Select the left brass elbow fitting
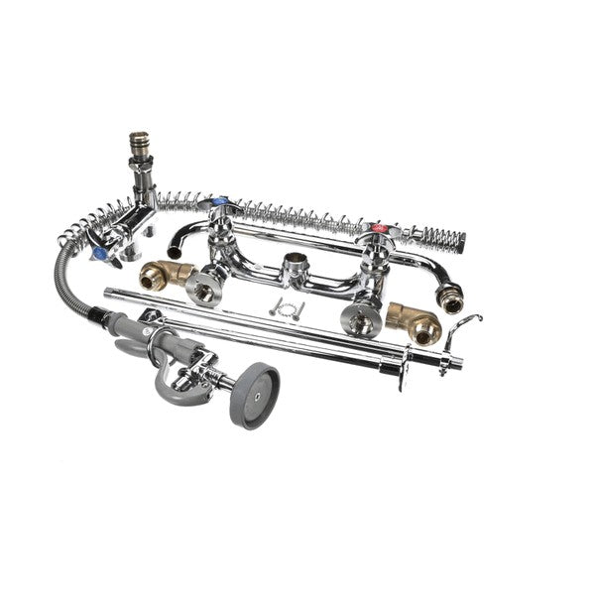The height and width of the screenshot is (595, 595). tap(162, 276)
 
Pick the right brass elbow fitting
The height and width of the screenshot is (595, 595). tap(411, 320)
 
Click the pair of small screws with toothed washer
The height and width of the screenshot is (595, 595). tap(286, 306)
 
